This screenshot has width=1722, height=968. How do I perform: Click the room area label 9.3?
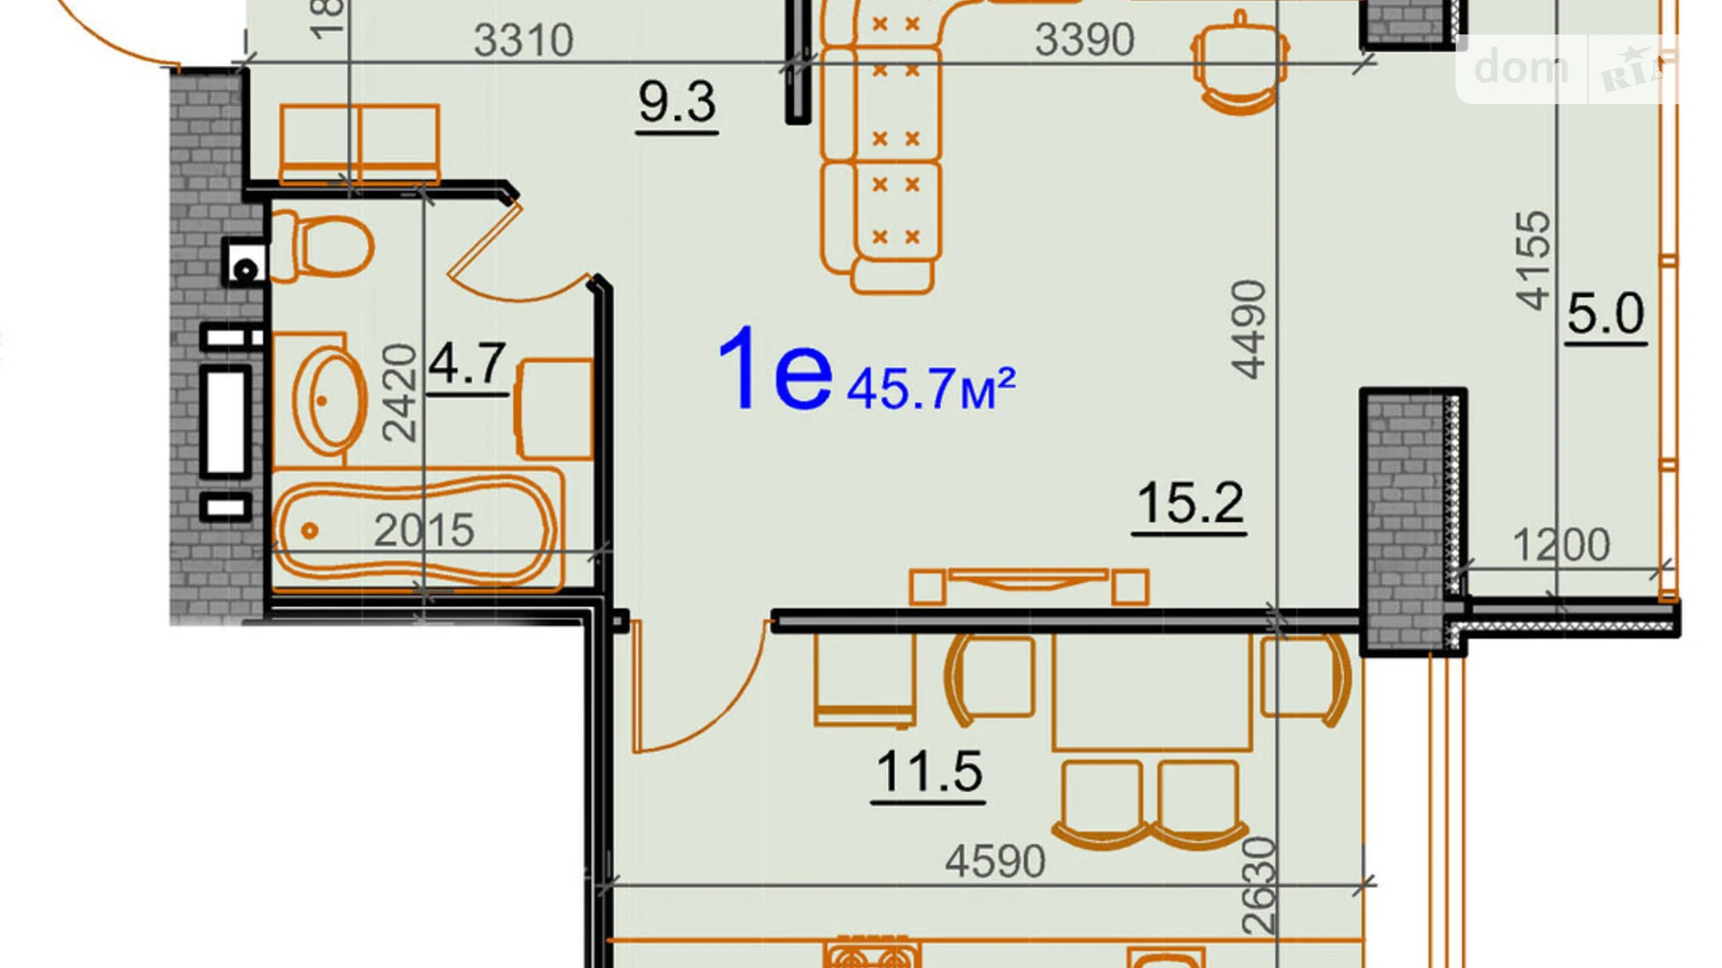[x=677, y=102]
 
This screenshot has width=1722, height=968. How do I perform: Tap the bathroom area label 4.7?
[x=467, y=364]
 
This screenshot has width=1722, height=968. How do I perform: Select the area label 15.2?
[x=1190, y=504]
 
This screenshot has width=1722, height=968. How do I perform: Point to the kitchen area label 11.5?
[x=929, y=773]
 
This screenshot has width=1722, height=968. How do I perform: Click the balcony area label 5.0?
[x=1606, y=314]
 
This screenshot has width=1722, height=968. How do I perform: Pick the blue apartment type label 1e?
[x=774, y=370]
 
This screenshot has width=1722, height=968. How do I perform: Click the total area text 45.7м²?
[x=930, y=388]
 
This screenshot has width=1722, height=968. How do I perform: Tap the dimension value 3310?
[x=523, y=40]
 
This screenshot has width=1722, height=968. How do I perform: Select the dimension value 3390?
[x=1084, y=40]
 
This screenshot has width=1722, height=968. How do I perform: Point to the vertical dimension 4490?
[x=1249, y=329]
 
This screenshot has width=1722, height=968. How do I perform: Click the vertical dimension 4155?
[x=1533, y=261]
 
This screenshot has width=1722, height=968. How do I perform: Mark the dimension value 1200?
[x=1560, y=545]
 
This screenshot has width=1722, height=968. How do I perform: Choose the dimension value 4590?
[x=995, y=861]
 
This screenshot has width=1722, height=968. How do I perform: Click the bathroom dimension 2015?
[x=424, y=531]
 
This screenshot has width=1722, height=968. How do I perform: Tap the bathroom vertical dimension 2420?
[x=399, y=392]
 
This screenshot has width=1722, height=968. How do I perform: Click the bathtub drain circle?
[x=310, y=531]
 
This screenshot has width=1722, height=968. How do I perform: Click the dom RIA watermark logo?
[x=1567, y=69]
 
